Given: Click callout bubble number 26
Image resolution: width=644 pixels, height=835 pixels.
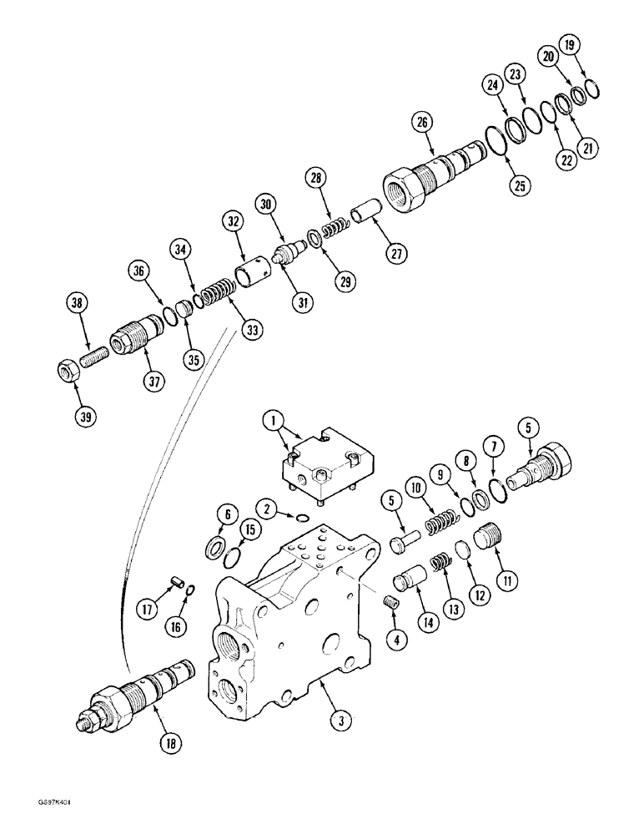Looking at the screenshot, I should click(x=422, y=124).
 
